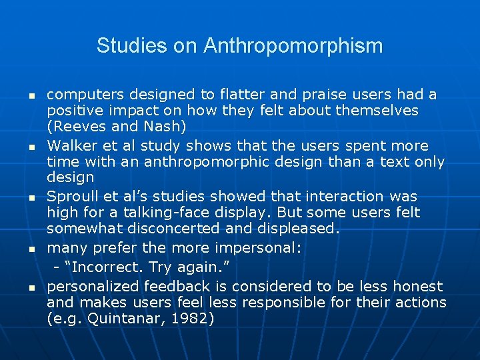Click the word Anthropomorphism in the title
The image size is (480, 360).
point(293,46)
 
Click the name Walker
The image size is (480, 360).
point(72,145)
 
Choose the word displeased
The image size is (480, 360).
point(303,229)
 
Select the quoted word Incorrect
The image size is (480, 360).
point(96,267)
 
